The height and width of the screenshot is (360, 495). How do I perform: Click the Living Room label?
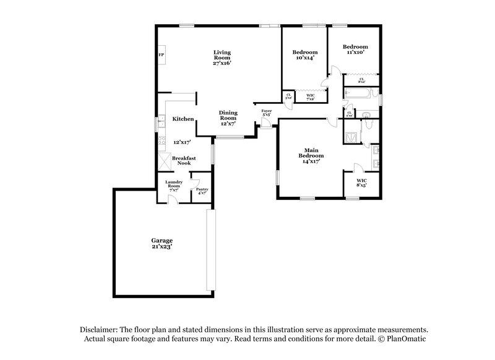click(222, 57)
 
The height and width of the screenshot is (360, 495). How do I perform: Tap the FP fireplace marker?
click(161, 56)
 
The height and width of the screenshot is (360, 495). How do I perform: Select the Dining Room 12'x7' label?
click(228, 118)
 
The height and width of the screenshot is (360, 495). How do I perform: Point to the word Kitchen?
click(184, 119)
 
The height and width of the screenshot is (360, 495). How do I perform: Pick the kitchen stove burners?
click(162, 143)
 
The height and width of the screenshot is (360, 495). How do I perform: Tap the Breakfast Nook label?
click(184, 160)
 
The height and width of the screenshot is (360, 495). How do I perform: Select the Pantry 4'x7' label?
click(202, 191)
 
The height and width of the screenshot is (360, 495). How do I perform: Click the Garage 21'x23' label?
click(162, 243)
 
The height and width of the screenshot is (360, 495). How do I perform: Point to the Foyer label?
click(267, 113)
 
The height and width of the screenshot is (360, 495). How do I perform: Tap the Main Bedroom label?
click(311, 155)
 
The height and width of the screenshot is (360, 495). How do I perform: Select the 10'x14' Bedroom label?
click(305, 55)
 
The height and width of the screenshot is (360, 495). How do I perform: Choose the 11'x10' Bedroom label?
click(355, 49)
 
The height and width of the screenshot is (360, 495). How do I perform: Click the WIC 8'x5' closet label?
click(362, 184)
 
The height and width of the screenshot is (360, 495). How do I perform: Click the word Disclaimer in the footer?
click(98, 330)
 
